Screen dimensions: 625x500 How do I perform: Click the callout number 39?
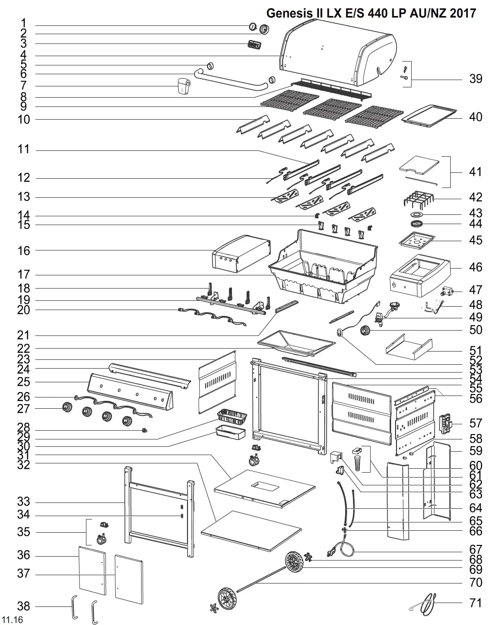[476, 79]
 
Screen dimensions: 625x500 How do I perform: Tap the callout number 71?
[476, 603]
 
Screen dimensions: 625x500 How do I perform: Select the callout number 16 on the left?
[24, 250]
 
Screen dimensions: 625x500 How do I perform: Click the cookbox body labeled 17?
[322, 269]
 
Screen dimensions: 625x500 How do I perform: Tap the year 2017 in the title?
[462, 13]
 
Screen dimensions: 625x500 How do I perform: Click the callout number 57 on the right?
[476, 423]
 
